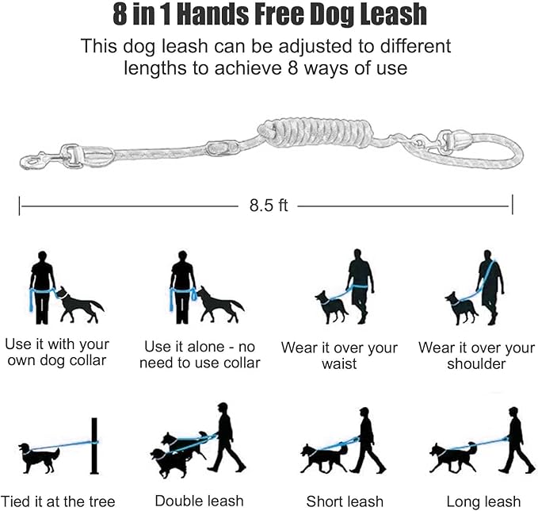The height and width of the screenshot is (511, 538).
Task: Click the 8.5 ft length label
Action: tap(268, 206)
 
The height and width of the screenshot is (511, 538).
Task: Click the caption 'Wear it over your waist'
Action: tap(339, 355)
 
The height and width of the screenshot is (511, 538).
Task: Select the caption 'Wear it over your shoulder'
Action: tap(476, 355)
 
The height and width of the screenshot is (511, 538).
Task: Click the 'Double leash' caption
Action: tap(194, 501)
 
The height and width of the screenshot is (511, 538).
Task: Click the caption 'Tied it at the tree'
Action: tap(59, 501)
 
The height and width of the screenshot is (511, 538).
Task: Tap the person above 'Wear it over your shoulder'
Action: tap(490, 286)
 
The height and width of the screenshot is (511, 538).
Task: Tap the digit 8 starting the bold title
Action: tap(122, 16)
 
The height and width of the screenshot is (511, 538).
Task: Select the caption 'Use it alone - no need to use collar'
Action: tap(202, 355)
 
